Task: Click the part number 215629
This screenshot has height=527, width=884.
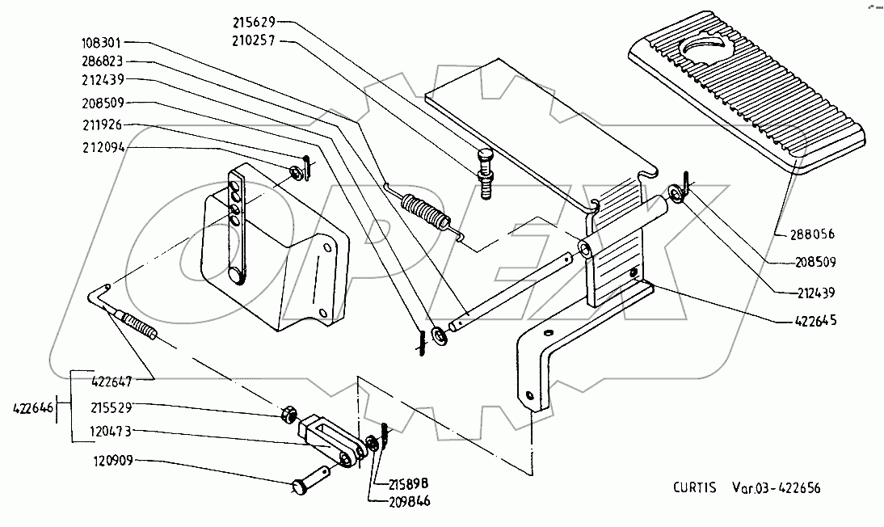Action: [254, 23]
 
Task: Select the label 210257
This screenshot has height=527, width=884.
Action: [254, 40]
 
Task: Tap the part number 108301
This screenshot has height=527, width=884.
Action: [102, 43]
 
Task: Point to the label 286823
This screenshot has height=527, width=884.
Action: [102, 61]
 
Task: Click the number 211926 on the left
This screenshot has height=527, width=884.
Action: [102, 124]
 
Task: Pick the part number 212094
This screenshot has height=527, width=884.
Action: [102, 148]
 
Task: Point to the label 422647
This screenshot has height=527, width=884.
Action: [112, 382]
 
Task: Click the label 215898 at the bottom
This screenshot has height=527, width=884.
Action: [409, 484]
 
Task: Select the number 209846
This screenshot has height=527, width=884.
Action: [409, 501]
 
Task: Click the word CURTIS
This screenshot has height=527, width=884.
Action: [695, 487]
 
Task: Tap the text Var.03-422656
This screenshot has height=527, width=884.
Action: [777, 487]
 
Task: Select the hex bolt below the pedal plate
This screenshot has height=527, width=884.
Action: [485, 174]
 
